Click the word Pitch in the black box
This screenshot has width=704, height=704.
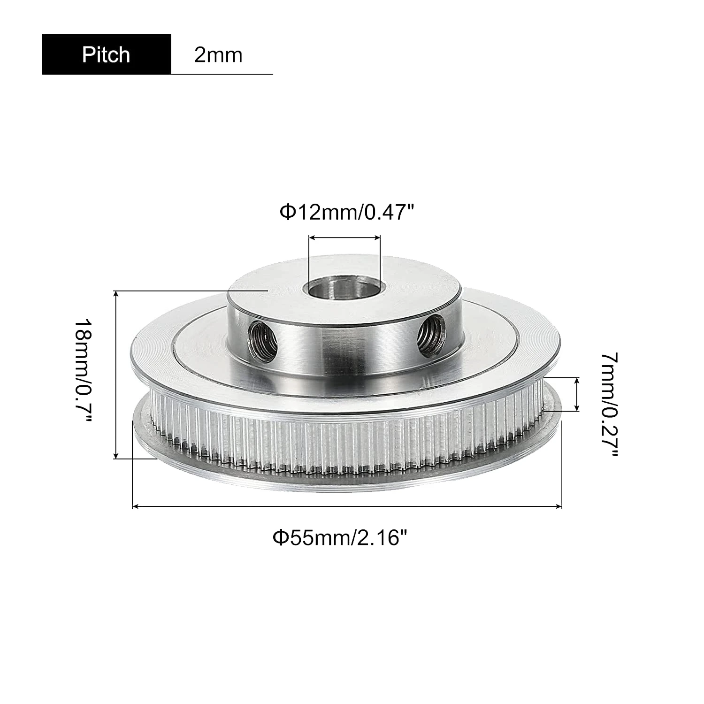pos(106,54)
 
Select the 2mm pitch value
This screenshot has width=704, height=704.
pos(218,55)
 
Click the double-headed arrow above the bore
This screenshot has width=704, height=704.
pos(344,238)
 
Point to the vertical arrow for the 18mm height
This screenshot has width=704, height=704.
pos(115,375)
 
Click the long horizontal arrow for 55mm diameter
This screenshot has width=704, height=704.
pos(347,506)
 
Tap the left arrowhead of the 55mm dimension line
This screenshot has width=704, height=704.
pos(136,506)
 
